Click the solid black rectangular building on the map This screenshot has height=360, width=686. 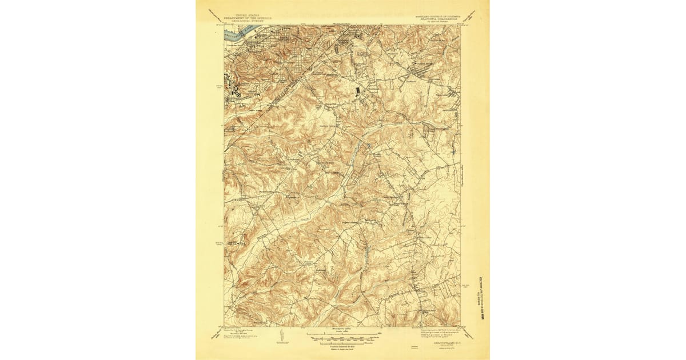click(358, 90)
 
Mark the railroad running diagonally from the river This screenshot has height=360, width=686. click(286, 91)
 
